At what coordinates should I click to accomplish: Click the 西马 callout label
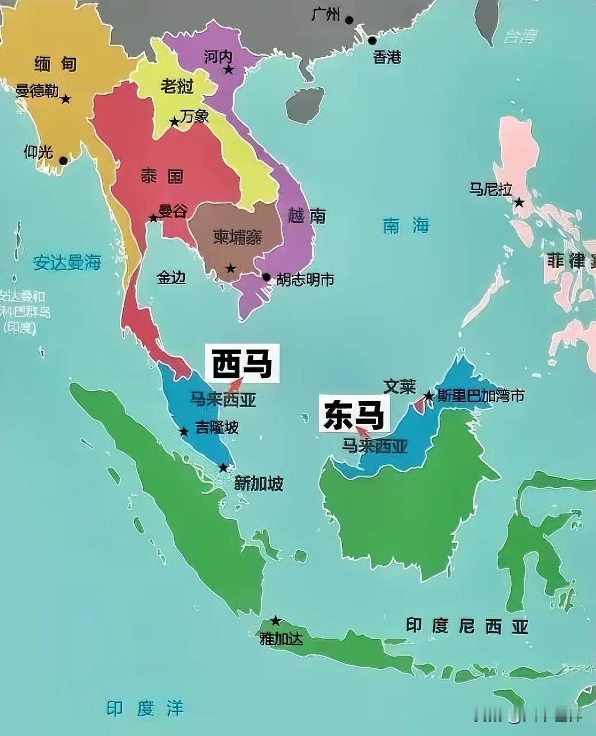[242, 363]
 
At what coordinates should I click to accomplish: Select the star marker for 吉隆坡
[183, 432]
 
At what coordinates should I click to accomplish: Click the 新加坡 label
[259, 484]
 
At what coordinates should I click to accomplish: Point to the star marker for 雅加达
[276, 621]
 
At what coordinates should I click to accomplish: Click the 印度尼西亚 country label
[466, 626]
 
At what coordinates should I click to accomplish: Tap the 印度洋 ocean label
[145, 708]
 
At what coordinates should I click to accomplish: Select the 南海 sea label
[406, 226]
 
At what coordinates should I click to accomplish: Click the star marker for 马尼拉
[519, 202]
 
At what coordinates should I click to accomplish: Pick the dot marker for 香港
[372, 41]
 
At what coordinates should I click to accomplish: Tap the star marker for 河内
[229, 70]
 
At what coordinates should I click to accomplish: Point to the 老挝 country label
[177, 87]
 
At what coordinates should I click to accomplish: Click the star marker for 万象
[174, 122]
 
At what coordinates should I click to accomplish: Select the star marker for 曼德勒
[66, 99]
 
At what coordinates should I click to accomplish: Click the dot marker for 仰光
[63, 160]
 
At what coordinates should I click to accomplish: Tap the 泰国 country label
[162, 176]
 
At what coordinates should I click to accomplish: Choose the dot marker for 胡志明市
[266, 277]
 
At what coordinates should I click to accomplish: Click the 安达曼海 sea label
[67, 263]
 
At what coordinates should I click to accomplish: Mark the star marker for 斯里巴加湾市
[428, 396]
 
